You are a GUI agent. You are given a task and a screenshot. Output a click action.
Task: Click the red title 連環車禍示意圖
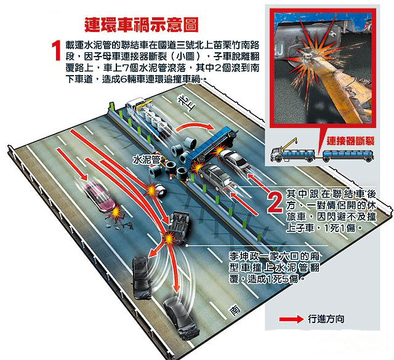(x=142, y=25)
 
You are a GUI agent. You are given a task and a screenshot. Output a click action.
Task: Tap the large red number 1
(x=57, y=50)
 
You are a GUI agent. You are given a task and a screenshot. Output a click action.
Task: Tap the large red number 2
(x=275, y=202)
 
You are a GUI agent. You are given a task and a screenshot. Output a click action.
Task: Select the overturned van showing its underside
(x=179, y=226)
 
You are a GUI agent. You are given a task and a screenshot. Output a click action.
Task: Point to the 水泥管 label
(x=147, y=159)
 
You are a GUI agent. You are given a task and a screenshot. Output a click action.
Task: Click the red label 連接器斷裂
(x=350, y=141)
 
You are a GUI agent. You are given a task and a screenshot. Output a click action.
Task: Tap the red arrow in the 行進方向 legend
(x=291, y=319)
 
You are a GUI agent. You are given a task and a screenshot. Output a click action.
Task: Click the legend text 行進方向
(x=326, y=319)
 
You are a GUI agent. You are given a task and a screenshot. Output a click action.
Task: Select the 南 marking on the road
(x=234, y=310)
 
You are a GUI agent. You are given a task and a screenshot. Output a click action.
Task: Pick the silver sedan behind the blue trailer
(x=234, y=159)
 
